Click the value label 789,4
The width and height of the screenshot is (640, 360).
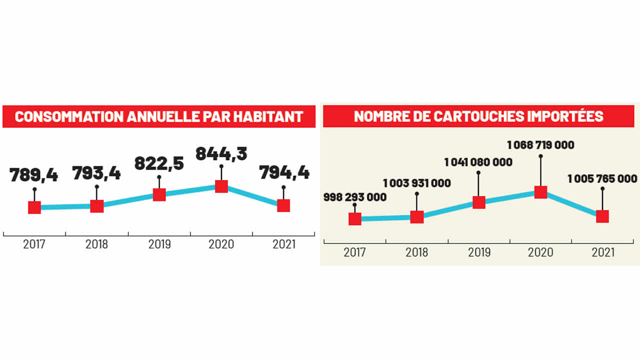click(x=34, y=175)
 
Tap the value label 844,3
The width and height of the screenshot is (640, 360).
click(x=221, y=153)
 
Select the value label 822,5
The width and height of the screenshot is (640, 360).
click(x=159, y=164)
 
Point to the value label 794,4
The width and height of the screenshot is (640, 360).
click(x=284, y=173)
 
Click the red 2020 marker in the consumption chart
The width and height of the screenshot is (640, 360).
click(x=221, y=186)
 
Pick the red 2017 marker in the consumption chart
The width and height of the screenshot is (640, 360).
click(x=34, y=207)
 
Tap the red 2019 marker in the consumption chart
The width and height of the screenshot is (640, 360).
click(x=159, y=194)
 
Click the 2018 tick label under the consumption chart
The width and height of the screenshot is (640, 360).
click(x=96, y=244)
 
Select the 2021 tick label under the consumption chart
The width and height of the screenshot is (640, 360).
click(x=284, y=244)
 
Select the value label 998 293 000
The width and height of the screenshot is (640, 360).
click(x=354, y=197)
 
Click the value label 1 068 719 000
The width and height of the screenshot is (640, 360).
click(x=540, y=145)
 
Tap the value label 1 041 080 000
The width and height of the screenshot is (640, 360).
click(x=478, y=162)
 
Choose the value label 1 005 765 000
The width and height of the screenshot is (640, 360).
click(x=602, y=178)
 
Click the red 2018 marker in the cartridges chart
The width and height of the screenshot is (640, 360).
click(x=417, y=217)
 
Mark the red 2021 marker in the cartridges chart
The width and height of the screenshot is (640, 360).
click(x=602, y=216)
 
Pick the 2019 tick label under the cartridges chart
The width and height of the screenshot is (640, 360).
click(x=479, y=252)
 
